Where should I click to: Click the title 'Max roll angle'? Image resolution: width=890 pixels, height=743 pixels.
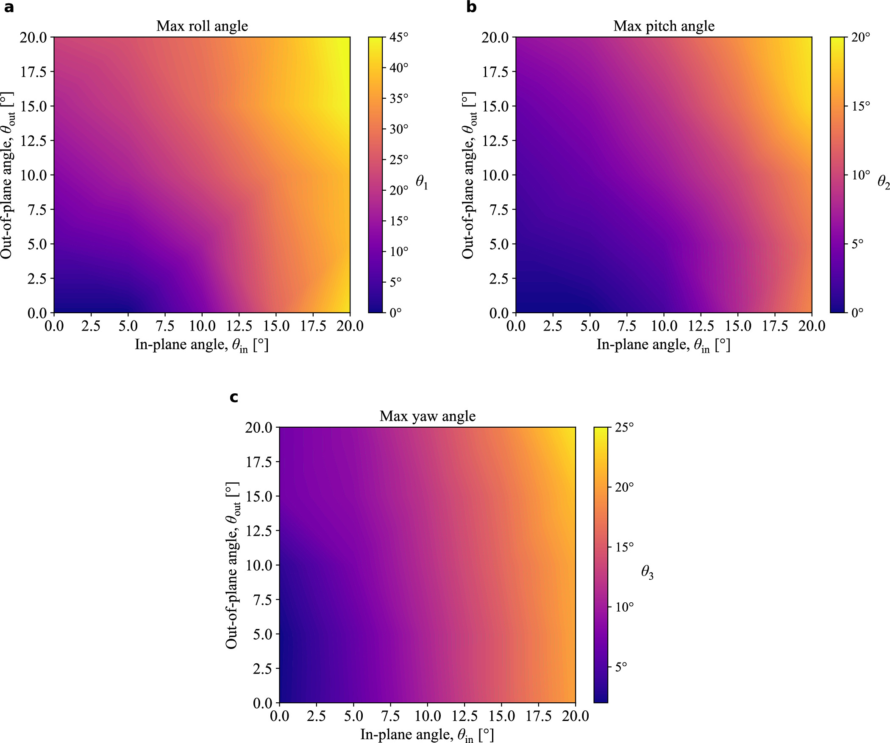pos(202,26)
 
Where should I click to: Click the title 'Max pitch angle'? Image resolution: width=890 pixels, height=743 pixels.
pos(664,26)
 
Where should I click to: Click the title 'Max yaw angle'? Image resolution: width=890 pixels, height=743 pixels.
pos(427,416)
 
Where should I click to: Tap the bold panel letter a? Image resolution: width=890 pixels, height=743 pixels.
pos(8,8)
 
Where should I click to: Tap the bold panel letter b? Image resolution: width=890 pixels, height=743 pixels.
pos(471,8)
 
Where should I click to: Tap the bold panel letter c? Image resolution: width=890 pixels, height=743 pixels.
pos(234,397)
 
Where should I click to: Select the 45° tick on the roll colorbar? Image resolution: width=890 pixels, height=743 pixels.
pos(398,37)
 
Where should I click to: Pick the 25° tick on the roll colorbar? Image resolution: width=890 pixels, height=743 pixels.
pos(398,160)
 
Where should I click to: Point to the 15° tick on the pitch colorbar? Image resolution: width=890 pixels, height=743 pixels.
pos(860,106)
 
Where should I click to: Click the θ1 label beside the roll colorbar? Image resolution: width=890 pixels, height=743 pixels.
pos(422,182)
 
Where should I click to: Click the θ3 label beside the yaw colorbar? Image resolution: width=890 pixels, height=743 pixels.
pos(647,573)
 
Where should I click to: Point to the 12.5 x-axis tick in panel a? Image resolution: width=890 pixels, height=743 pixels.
pos(239,326)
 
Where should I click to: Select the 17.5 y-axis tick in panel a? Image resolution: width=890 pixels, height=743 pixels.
pos(33,72)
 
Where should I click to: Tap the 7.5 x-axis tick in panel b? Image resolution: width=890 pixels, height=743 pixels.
pos(627,326)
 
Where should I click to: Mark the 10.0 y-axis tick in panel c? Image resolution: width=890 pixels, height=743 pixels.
pos(259,565)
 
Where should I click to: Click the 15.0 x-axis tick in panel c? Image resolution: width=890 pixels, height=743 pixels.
pos(502,716)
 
